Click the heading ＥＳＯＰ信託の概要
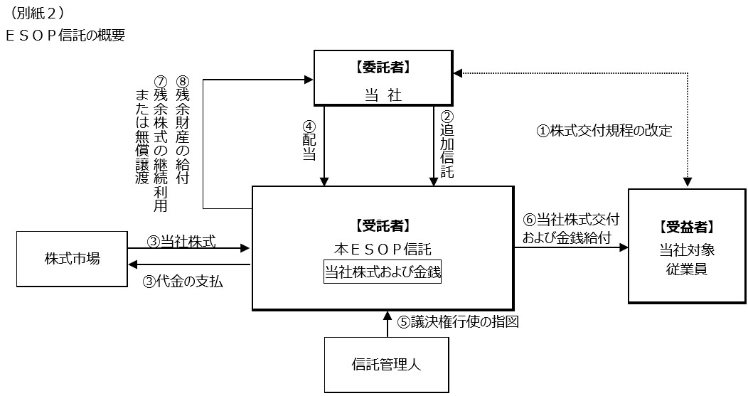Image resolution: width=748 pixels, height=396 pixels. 65,35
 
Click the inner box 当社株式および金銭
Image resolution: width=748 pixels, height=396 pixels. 383,272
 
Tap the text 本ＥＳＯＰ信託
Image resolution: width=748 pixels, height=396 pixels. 383,249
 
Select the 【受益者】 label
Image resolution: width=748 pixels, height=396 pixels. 687,228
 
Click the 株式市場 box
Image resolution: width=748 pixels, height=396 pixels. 73,257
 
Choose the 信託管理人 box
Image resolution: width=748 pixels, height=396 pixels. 387,365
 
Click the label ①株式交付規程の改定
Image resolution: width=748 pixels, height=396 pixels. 604,130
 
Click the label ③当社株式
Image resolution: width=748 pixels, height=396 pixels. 181,241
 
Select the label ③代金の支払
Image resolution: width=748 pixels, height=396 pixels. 183,281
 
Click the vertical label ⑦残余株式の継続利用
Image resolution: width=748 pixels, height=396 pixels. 161,142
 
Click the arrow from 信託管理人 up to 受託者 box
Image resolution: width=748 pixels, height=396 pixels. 387,323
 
